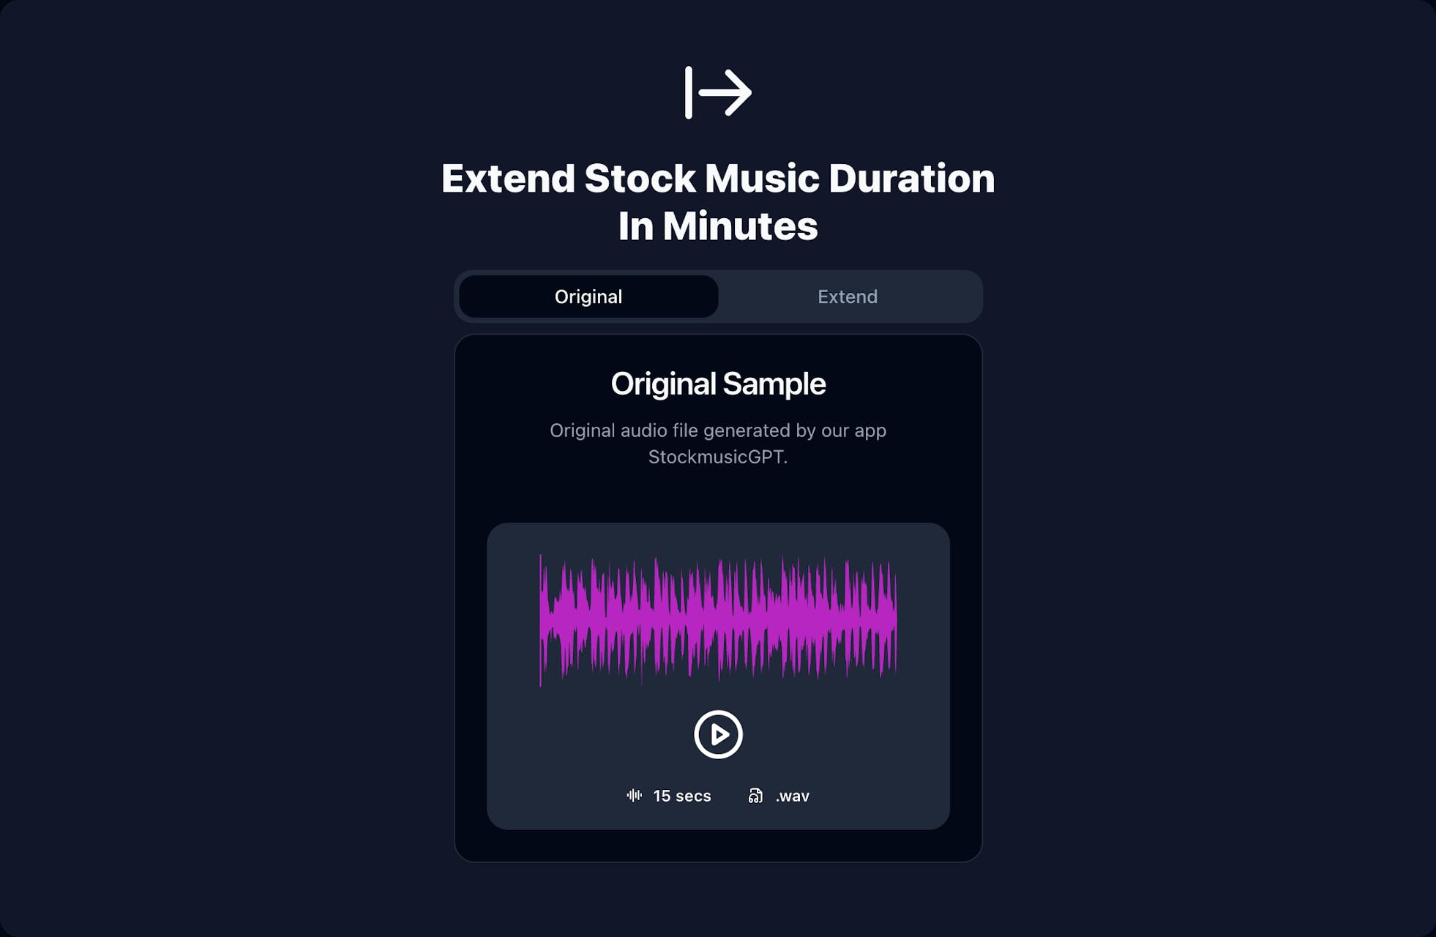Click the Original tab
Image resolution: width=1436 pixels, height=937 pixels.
click(x=588, y=296)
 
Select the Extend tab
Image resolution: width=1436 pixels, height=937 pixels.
click(x=848, y=296)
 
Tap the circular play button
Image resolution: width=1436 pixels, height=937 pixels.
click(x=718, y=734)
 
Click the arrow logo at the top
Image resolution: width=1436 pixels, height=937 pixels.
click(x=718, y=92)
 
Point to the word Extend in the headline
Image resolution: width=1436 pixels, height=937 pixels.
click(x=509, y=179)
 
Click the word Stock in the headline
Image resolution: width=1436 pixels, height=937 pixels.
click(x=640, y=179)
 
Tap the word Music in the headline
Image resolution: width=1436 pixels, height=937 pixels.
click(x=762, y=179)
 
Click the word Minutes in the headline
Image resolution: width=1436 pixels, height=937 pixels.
click(x=740, y=226)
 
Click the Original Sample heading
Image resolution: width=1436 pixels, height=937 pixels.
click(x=718, y=384)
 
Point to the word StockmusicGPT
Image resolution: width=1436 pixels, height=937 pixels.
click(x=718, y=458)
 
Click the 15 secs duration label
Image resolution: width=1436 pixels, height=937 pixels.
click(x=682, y=796)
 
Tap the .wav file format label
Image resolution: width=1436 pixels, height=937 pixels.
click(x=793, y=796)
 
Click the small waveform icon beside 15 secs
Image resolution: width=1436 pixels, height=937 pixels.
click(x=635, y=796)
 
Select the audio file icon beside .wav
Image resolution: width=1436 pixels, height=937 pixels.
click(x=755, y=796)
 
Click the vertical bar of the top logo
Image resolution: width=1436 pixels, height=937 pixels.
click(x=688, y=92)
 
